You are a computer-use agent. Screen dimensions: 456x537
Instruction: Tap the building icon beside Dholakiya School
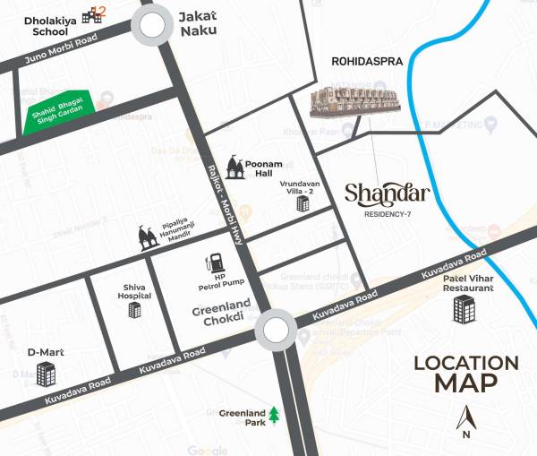tap(90, 15)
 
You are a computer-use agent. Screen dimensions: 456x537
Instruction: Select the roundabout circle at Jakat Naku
tap(153, 26)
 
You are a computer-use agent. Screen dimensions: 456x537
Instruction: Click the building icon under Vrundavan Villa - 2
tap(302, 205)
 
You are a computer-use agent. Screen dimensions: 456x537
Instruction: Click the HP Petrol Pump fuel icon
tap(215, 263)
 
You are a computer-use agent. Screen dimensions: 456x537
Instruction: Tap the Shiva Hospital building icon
tap(134, 310)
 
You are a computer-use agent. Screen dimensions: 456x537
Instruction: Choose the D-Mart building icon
tap(47, 374)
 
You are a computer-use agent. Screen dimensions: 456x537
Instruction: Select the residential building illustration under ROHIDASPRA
tap(354, 104)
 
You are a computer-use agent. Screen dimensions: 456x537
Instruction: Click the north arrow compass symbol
tap(465, 419)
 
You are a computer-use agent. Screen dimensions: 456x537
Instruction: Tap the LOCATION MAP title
tap(465, 374)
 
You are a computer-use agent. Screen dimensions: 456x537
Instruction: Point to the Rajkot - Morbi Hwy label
tap(226, 202)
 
